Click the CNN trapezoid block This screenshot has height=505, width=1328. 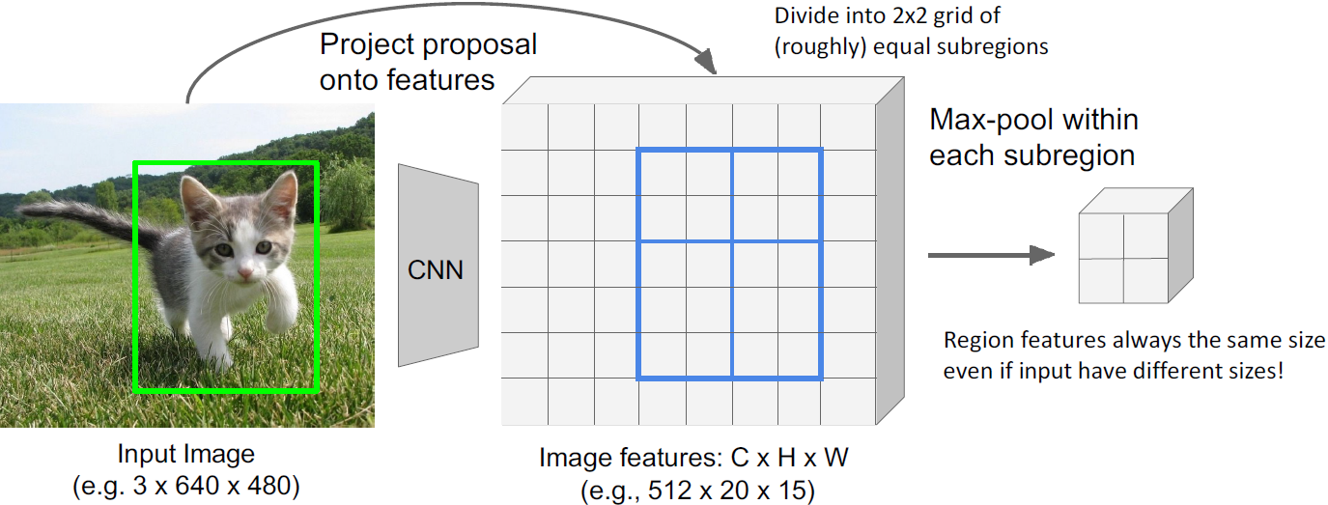point(438,266)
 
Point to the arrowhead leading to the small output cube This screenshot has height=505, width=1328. point(1040,255)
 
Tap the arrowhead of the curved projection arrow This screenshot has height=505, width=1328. point(708,66)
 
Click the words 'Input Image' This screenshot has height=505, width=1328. point(186,454)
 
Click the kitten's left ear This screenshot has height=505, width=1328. point(197,192)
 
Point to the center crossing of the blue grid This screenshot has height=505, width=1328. point(731,241)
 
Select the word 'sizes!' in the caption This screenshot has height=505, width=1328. point(1254,370)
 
